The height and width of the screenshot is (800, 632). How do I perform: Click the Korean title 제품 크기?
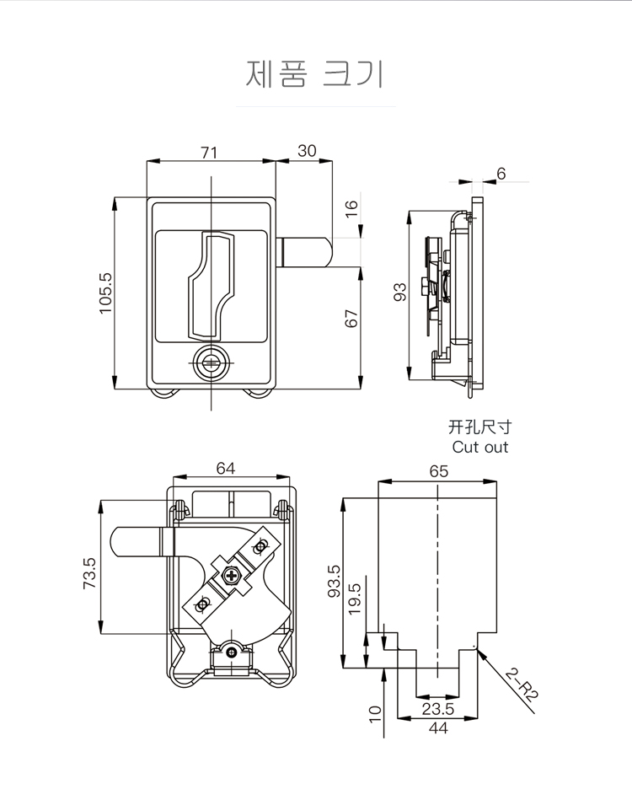click(x=314, y=74)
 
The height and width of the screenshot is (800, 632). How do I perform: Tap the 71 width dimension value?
click(x=209, y=152)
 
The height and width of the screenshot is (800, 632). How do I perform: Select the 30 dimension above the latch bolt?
click(x=307, y=151)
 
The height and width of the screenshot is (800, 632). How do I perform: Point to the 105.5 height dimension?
click(x=104, y=293)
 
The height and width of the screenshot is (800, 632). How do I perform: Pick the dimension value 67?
click(x=351, y=319)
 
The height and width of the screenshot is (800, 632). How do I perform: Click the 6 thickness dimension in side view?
click(x=501, y=174)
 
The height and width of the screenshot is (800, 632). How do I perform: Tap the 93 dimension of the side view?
click(x=400, y=292)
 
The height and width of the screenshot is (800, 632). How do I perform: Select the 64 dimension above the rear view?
click(x=225, y=469)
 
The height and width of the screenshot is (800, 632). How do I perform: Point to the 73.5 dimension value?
click(x=89, y=573)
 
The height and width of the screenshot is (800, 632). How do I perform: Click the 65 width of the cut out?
click(x=438, y=471)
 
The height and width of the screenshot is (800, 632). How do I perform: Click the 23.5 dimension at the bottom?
click(x=437, y=709)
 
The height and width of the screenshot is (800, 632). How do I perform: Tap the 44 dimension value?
click(x=437, y=728)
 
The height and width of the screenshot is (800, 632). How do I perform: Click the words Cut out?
click(x=480, y=447)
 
